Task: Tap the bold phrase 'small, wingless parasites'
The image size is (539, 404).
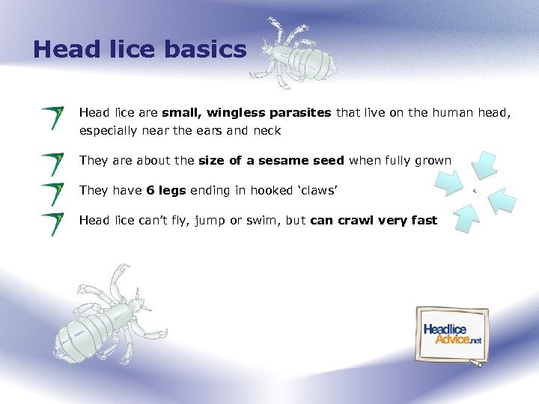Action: (x=246, y=113)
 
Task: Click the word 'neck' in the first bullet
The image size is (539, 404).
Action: (x=267, y=131)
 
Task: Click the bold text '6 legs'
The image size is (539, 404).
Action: (x=166, y=190)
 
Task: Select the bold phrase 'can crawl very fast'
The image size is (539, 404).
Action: (x=373, y=220)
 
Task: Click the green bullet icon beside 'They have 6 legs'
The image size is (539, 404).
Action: (x=52, y=194)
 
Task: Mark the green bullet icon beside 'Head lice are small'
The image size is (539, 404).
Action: (x=52, y=118)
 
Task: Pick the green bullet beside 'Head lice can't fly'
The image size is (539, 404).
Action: (x=52, y=224)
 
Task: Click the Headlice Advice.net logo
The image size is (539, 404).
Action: (x=452, y=334)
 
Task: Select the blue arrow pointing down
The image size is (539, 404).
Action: (x=485, y=165)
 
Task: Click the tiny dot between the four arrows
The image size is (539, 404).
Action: (x=475, y=192)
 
